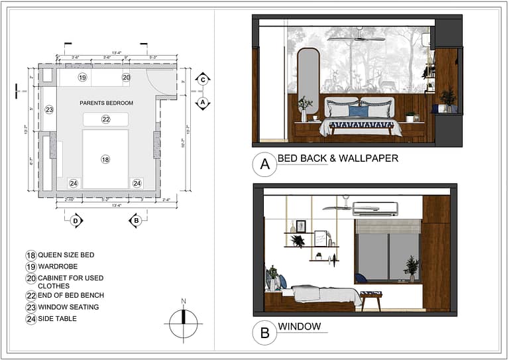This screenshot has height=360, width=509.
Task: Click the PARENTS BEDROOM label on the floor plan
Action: coord(106,103)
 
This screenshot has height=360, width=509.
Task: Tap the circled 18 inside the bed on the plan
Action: coord(105,159)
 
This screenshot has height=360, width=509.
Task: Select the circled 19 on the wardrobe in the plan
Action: coord(82,78)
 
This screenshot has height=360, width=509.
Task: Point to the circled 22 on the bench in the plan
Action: coord(105,119)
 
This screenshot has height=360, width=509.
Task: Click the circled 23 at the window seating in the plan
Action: coord(48,109)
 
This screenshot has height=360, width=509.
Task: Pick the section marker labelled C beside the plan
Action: coord(203,80)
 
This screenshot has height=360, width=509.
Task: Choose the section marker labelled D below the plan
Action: coord(76,221)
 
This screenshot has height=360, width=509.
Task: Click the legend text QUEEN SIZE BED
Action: coord(66,255)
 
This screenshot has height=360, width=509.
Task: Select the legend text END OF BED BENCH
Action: coord(71,295)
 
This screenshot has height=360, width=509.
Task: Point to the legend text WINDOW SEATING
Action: coord(68,307)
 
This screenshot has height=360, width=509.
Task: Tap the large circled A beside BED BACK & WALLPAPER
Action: coord(264,164)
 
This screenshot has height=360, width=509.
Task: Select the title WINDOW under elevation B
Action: coord(299,327)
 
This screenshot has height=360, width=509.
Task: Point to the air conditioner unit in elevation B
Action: coord(375,209)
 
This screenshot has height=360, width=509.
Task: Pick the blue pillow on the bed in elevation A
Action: coord(359,111)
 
